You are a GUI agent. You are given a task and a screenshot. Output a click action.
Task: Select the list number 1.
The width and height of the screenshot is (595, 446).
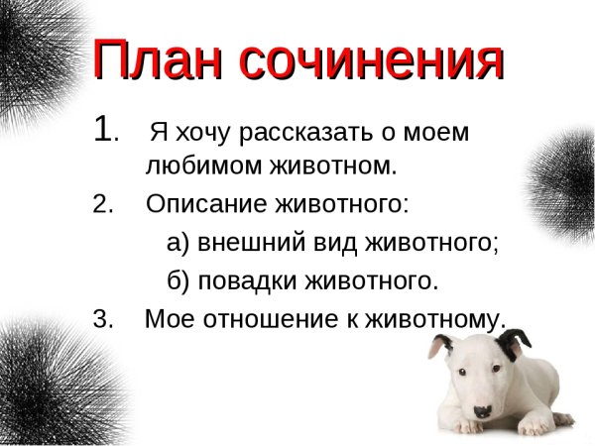103,130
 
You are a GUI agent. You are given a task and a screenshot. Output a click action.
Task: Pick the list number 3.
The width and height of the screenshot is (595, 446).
102,319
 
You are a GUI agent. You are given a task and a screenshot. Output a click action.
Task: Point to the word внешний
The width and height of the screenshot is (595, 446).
245,243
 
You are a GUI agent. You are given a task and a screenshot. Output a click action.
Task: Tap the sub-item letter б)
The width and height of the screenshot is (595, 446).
178,281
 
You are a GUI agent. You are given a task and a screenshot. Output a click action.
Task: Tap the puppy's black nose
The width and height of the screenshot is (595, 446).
483,410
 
